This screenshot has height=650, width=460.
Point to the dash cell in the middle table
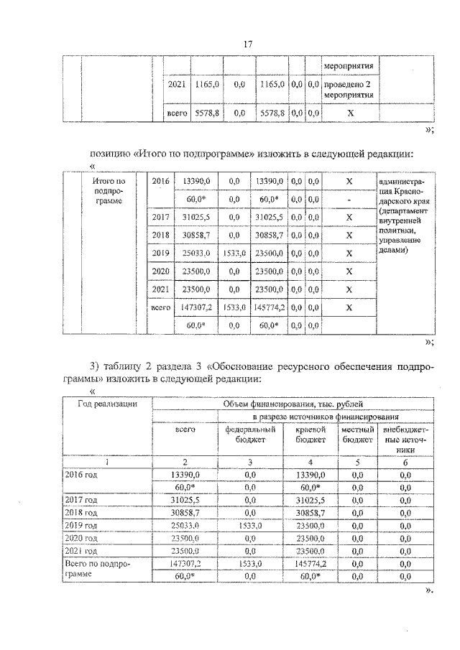[x=349, y=198]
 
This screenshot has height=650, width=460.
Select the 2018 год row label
[x=81, y=512]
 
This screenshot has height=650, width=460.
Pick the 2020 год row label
[x=81, y=537]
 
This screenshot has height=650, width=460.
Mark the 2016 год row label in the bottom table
[x=81, y=475]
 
